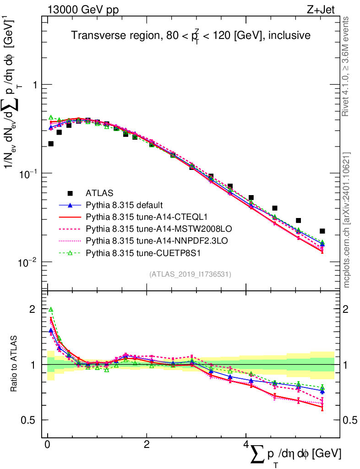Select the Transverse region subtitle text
click(x=191, y=35)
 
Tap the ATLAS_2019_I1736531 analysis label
click(x=190, y=274)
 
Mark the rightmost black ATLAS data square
click(x=322, y=231)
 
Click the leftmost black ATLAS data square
click(x=51, y=144)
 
